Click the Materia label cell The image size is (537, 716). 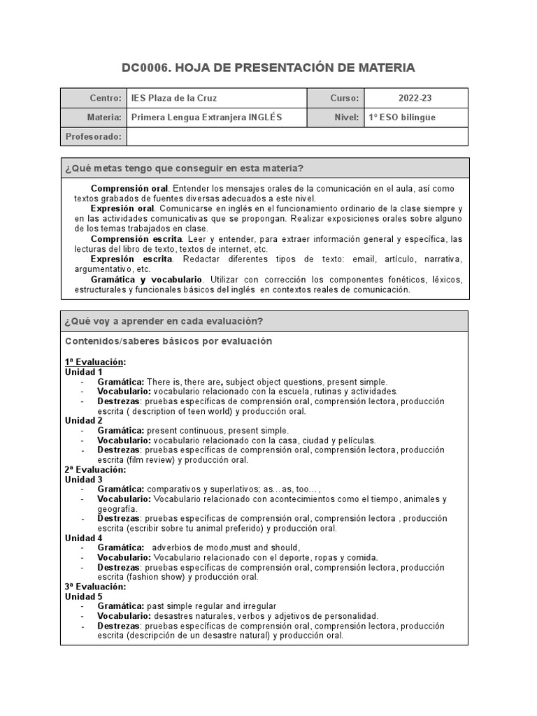coord(93,117)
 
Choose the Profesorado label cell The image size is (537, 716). coord(93,136)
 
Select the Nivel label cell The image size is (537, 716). coord(336,117)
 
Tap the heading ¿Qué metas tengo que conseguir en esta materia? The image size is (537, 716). coord(183,169)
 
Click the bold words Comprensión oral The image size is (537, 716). coord(129,189)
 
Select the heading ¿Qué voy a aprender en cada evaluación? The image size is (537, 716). coord(164,322)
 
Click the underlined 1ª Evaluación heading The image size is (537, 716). coord(95,362)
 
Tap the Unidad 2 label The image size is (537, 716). coord(84,421)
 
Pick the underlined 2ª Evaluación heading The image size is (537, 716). coord(95,470)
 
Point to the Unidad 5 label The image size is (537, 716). coord(84,596)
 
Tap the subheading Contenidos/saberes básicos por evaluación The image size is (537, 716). coord(169,341)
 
